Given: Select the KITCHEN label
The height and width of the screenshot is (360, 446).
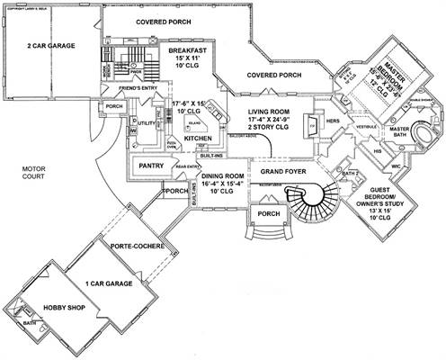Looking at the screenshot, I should click(x=198, y=139).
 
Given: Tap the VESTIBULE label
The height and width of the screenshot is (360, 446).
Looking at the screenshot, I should click(x=342, y=127).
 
